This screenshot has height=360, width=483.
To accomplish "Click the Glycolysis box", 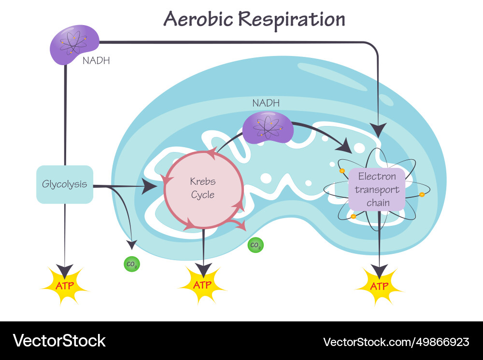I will [65, 184].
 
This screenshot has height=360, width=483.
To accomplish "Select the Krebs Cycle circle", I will [203, 189].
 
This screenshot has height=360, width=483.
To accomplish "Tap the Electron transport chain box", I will [377, 189].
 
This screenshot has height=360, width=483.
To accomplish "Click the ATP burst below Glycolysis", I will [65, 285].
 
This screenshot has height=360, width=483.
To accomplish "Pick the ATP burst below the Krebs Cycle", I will [203, 285].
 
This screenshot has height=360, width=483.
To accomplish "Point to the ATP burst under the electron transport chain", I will [379, 286].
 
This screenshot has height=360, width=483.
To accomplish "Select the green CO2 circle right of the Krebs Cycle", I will [256, 246].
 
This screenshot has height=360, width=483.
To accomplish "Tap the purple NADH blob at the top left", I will [74, 45].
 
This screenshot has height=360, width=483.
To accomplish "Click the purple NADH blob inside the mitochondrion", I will [268, 127].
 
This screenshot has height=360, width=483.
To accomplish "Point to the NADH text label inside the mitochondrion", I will [266, 103].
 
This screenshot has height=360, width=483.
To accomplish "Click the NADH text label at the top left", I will [96, 61].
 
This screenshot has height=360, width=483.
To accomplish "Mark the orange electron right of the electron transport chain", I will [422, 194].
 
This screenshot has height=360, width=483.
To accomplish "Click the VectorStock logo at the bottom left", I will [59, 341].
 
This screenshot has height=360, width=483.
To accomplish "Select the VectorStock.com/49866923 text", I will [396, 342].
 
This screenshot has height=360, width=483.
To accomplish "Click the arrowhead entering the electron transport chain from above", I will [378, 130].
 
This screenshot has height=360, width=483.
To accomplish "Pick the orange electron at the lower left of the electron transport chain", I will [353, 217].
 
